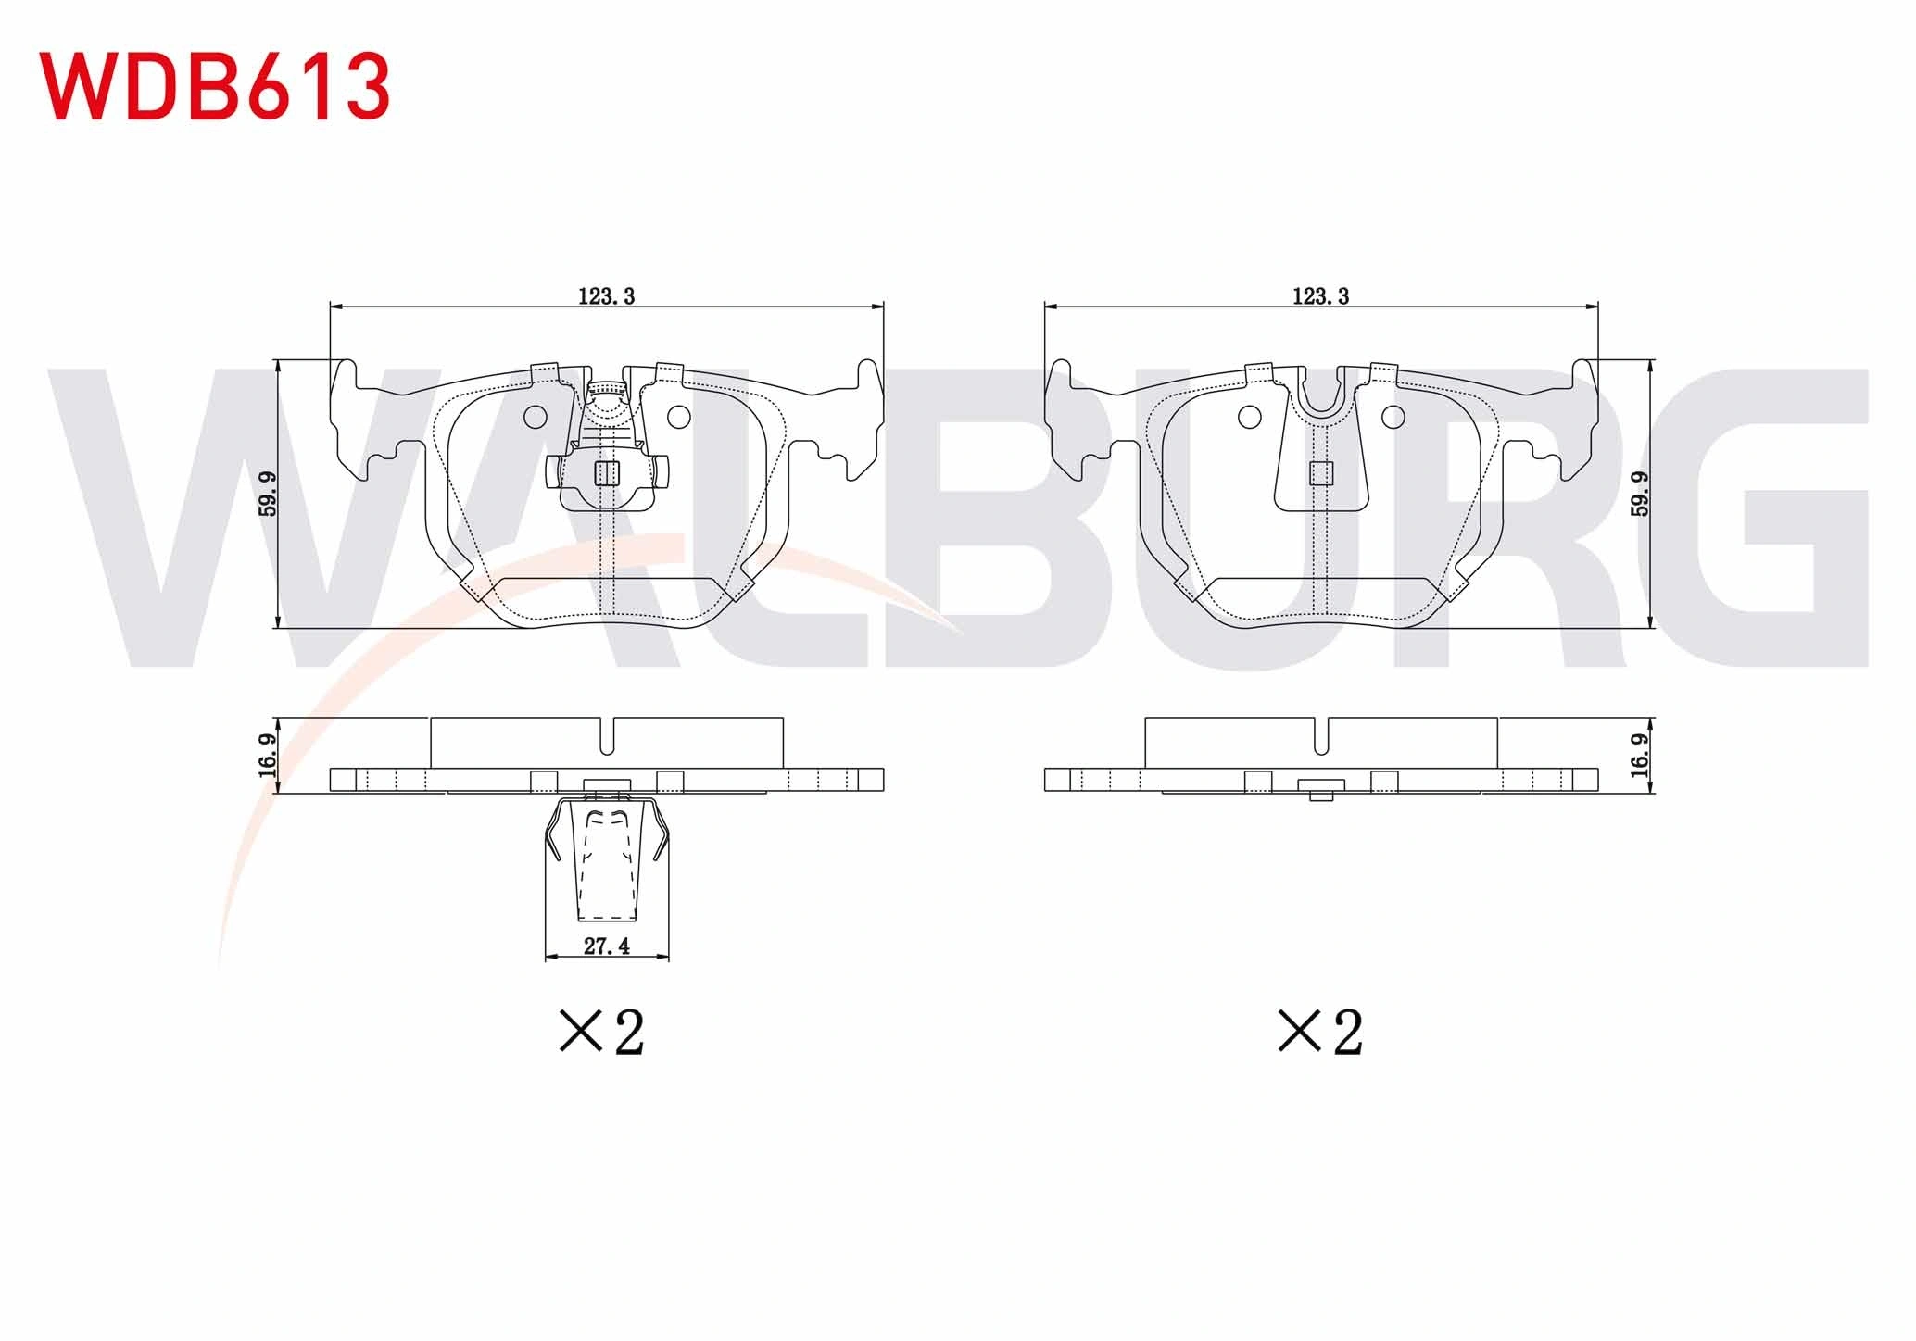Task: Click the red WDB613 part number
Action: coord(214,86)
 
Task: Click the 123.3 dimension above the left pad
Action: coord(607,296)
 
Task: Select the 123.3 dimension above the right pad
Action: coord(1321,296)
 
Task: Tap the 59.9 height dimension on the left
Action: coord(268,494)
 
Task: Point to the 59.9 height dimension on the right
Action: coord(1640,494)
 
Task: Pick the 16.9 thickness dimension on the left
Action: coord(268,756)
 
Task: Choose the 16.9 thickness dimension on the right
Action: coord(1640,756)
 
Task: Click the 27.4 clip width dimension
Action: coord(607,946)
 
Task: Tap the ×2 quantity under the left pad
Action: coord(602,1032)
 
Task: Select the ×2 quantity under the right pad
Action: coord(1320,1032)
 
